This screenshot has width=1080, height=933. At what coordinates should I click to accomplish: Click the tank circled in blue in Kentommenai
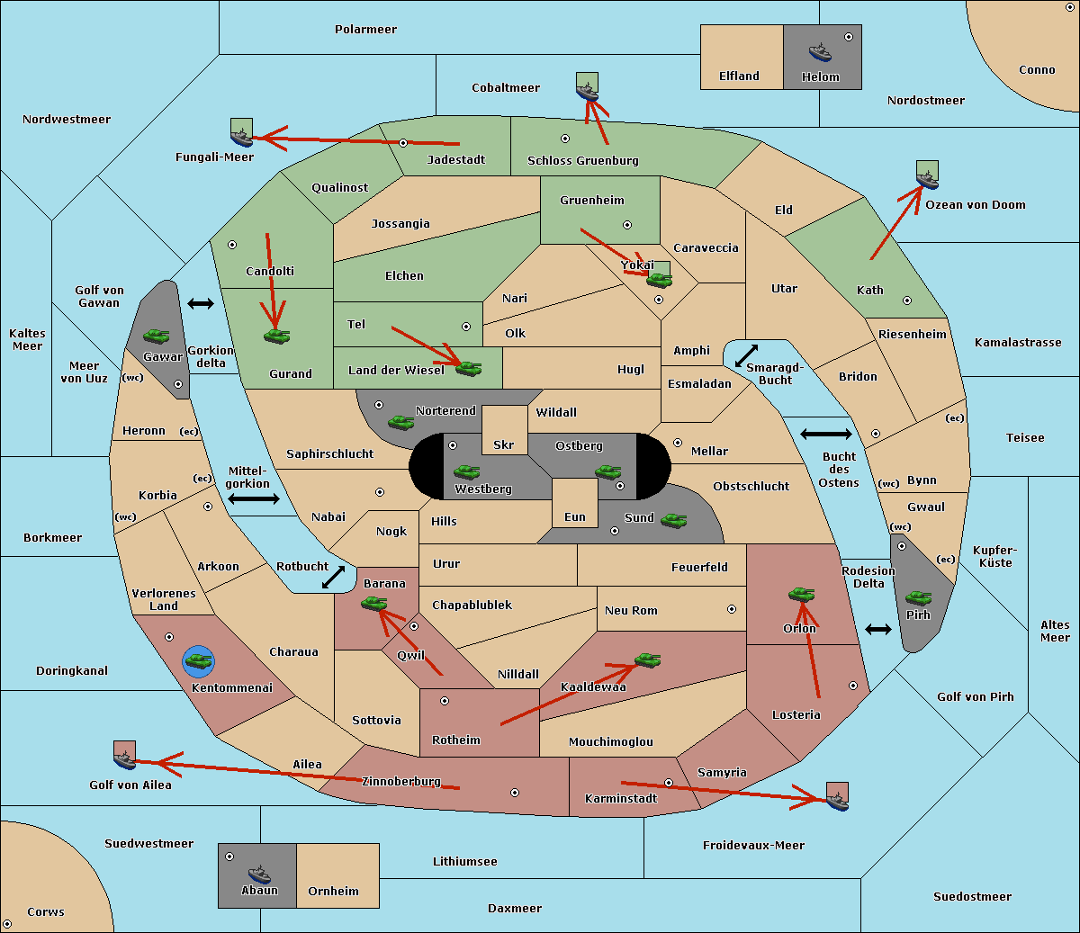[x=199, y=661]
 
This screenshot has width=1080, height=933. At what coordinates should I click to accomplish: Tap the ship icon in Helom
[x=820, y=51]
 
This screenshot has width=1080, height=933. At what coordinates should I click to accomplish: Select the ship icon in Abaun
[x=259, y=874]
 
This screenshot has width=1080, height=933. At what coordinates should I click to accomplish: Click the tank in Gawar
[x=157, y=336]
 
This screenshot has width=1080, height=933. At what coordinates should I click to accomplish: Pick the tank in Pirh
[x=918, y=597]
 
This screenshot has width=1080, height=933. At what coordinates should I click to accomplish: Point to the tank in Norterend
[x=400, y=422]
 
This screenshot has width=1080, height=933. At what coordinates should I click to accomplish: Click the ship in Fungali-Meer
[x=241, y=137]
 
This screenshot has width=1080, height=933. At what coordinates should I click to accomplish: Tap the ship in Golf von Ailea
[x=124, y=759]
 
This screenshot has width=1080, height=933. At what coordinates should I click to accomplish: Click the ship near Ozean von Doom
[x=927, y=179]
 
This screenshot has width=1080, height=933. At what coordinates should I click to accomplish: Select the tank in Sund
[x=673, y=520]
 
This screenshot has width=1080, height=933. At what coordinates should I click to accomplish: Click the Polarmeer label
[x=365, y=30]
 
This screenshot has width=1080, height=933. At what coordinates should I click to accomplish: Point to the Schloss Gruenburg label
[x=583, y=160]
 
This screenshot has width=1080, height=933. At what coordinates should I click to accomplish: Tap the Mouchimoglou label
[x=611, y=741]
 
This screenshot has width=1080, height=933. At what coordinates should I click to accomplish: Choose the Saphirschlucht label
[x=329, y=453]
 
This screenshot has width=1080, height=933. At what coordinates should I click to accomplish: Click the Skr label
[x=504, y=444]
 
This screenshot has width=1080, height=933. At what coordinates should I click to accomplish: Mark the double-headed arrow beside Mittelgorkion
[x=254, y=498]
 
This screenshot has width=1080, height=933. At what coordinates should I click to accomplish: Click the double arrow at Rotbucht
[x=333, y=577]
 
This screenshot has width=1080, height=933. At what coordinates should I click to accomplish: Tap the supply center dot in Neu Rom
[x=732, y=609]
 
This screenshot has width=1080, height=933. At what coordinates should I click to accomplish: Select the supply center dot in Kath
[x=907, y=301]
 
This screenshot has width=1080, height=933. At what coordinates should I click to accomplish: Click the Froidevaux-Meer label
[x=753, y=845]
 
